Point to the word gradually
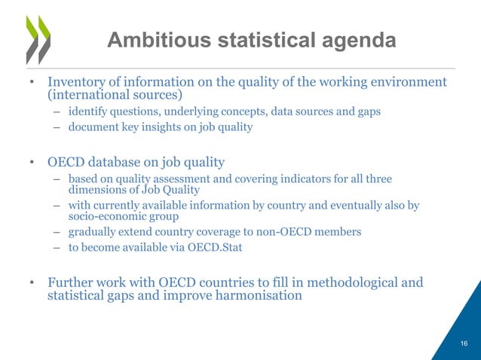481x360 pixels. (92, 232)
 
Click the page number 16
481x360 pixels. (464, 343)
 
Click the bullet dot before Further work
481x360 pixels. (32, 283)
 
